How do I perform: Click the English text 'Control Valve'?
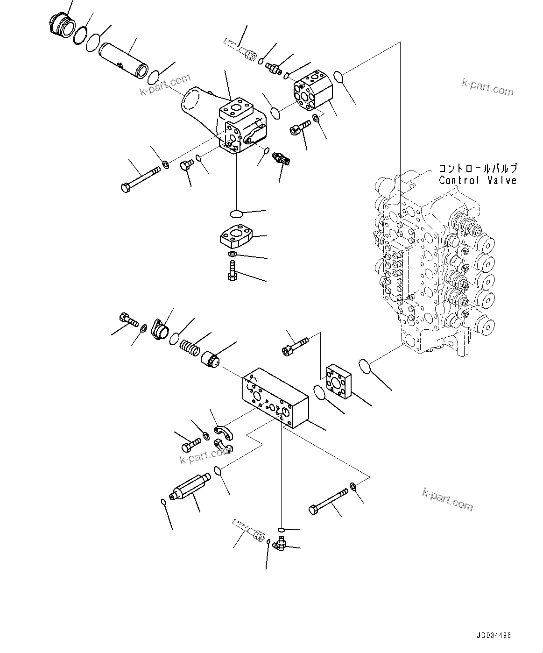pos(477,181)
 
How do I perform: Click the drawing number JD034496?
pos(494,635)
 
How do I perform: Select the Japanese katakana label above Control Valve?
pos(477,169)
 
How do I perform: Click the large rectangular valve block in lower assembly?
pos(275,396)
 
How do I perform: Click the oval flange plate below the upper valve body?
pos(236,236)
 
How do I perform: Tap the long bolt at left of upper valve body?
pos(140,179)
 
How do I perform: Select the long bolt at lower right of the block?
pos(329,501)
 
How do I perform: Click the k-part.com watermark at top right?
pos(487,87)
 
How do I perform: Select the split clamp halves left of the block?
pos(223,440)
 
